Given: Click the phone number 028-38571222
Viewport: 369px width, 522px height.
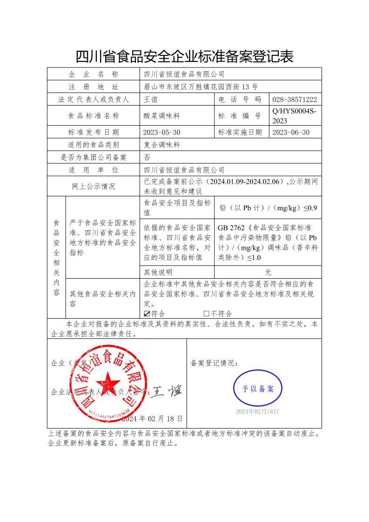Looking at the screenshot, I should (x=295, y=100).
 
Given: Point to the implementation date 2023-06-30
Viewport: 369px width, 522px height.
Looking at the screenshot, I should (x=291, y=133).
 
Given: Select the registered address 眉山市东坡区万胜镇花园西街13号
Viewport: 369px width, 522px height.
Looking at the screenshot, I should (x=201, y=87).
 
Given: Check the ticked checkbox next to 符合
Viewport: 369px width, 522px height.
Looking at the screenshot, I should (x=148, y=314).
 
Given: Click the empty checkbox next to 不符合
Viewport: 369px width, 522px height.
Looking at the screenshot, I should (x=207, y=314).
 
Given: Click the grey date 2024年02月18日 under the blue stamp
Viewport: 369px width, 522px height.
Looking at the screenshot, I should (x=257, y=412).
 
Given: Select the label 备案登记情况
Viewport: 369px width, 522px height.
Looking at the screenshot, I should (x=215, y=363).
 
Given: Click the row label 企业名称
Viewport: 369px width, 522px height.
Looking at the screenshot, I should (x=94, y=74).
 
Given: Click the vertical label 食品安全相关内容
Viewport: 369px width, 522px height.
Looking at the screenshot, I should (x=57, y=258).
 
